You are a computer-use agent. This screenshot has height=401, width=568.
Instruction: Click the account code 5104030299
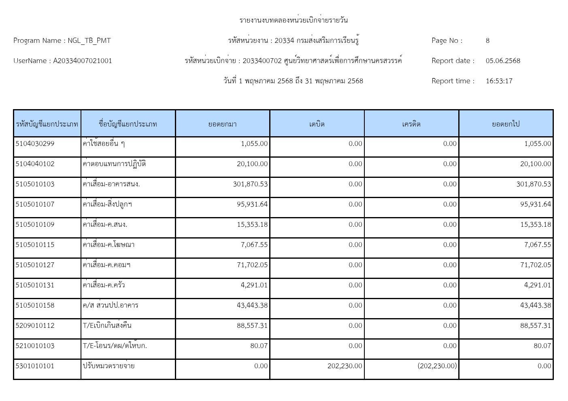tap(35, 144)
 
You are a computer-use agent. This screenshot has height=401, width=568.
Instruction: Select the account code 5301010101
tap(35, 366)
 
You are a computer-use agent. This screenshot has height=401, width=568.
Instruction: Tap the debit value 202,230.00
tap(345, 366)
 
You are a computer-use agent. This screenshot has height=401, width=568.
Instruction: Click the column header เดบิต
tap(317, 124)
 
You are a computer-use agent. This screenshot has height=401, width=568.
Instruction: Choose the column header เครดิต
tap(411, 124)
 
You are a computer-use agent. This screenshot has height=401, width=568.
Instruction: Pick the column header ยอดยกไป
tap(506, 124)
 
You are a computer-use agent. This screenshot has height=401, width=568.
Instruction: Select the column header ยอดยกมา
tap(222, 124)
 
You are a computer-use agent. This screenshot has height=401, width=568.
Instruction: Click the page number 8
tap(487, 40)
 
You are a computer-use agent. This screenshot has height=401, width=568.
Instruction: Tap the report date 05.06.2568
tap(503, 61)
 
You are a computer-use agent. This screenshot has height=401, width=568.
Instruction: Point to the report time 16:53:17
tap(499, 81)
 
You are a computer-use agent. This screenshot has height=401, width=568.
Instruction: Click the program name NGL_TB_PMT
tap(89, 40)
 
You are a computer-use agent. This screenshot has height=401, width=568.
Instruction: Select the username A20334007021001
tap(83, 61)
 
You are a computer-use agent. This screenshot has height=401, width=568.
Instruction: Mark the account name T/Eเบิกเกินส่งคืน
tap(107, 326)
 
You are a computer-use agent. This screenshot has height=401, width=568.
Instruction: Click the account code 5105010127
tap(35, 265)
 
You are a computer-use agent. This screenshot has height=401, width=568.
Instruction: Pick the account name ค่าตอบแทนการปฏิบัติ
tap(114, 164)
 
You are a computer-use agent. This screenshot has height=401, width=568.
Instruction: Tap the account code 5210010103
tap(35, 346)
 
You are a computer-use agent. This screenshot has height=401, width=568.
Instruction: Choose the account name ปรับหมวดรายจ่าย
tap(108, 366)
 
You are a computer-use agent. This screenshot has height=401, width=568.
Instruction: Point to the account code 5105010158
tap(35, 306)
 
